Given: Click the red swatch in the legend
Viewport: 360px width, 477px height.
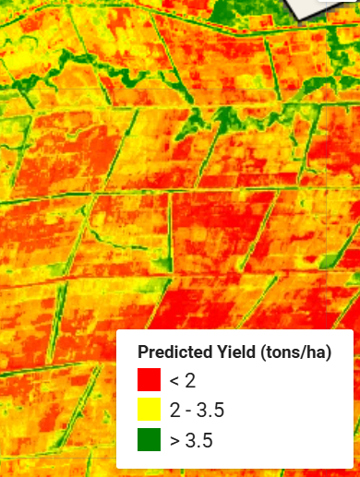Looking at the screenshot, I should (149, 379).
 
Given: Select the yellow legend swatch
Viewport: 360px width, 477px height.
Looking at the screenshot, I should (149, 410).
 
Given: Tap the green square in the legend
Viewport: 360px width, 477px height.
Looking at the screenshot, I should (149, 440).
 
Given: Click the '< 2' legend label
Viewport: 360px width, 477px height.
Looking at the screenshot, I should (183, 379).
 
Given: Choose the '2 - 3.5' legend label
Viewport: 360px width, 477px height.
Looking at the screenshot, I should (197, 410).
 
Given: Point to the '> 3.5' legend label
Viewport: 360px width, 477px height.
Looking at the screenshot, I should (191, 440).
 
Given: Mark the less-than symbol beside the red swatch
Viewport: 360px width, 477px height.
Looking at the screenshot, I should (174, 379).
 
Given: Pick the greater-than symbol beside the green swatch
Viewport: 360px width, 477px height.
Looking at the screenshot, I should (174, 440).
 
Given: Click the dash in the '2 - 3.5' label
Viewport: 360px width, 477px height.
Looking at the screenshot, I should (191, 410).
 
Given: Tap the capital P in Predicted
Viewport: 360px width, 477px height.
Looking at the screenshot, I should (142, 352).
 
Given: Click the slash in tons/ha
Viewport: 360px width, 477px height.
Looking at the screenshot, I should (300, 352).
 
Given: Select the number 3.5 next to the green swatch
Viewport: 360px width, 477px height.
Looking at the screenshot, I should (200, 440).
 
